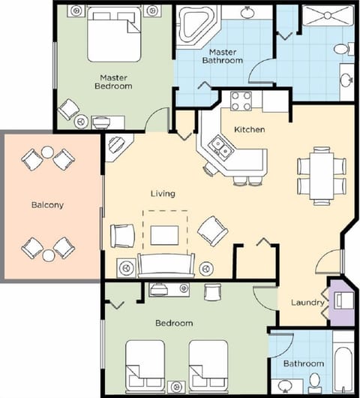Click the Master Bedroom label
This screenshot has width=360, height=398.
pyautogui.click(x=116, y=81)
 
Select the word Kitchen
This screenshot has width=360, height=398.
pyautogui.click(x=249, y=129)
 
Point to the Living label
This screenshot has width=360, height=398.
pyautogui.click(x=163, y=193)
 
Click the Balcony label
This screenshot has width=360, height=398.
pyautogui.click(x=46, y=204)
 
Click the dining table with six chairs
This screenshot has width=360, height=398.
pyautogui.click(x=321, y=176)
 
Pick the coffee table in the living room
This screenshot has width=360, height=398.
pyautogui.click(x=164, y=235)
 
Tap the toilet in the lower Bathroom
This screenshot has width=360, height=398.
pyautogui.click(x=316, y=381)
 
